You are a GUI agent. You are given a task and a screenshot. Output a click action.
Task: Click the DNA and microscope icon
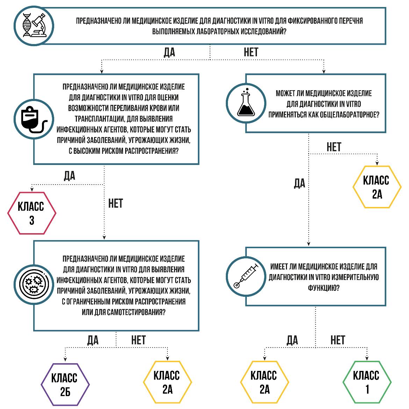tap(34, 25)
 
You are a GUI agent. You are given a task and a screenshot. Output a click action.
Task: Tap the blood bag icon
tap(34, 120)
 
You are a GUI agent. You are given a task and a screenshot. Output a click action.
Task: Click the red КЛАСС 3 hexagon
tap(32, 213)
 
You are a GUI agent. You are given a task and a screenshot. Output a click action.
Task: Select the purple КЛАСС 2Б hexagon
tap(65, 385)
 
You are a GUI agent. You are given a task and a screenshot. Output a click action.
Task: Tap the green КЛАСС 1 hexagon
tap(366, 382)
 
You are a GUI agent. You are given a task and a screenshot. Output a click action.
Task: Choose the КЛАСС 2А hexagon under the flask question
tap(377, 187)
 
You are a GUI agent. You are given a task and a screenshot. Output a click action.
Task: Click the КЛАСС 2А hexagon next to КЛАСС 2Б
tap(167, 382)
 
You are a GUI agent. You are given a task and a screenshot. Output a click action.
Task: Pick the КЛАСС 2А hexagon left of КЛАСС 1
tap(264, 382)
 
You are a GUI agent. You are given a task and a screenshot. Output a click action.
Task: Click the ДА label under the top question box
tap(169, 52)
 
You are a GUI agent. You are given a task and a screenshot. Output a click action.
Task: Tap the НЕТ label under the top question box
tap(251, 52)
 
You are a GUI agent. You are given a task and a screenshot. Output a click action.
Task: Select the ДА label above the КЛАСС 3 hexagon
tap(70, 175)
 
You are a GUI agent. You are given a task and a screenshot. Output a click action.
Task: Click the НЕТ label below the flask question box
tap(333, 147)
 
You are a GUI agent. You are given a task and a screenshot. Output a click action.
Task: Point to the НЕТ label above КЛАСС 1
tap(337, 340)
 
